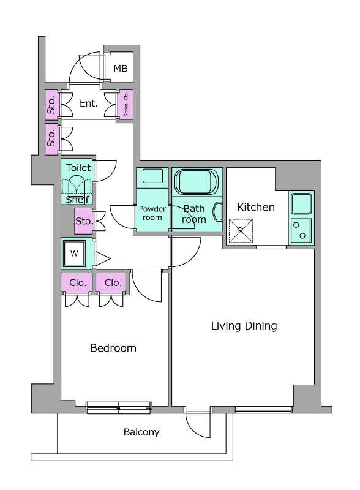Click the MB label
121,68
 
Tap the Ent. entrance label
89,103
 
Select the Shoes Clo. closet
126,104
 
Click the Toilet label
78,168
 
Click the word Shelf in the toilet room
78,200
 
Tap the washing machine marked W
74,253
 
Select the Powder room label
152,213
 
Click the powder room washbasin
152,176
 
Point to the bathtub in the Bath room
196,181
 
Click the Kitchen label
256,207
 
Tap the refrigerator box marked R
241,231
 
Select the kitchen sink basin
301,203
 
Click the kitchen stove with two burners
301,230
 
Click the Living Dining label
244,326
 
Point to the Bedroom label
113,348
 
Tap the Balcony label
141,432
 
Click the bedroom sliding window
119,407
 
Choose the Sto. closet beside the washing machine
83,221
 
